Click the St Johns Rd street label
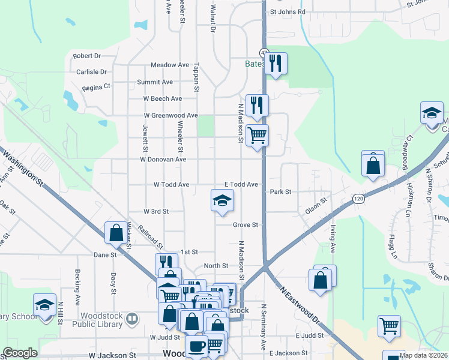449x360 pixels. pos(288,11)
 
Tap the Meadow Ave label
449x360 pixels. pos(170,65)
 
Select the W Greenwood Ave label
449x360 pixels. pos(170,115)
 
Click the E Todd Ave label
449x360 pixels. pos(241,185)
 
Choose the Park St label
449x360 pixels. pos(280,192)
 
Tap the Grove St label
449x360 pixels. pos(246,225)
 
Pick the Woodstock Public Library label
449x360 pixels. pos(97,320)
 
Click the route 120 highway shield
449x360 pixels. pos(358,198)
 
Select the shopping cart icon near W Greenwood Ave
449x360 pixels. pos(258,135)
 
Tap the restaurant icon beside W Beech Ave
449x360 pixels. pos(257,105)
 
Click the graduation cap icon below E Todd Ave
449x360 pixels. pos(222,200)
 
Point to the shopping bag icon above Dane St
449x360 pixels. pos(115,232)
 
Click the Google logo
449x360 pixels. pos(20,353)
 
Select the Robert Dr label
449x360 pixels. pos(86,56)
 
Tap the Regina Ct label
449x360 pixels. pos(97,86)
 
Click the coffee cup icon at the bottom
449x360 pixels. pos(196,346)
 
